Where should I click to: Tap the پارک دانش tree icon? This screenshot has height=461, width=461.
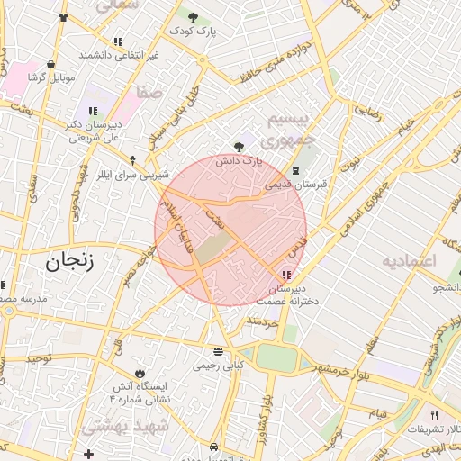pos(238,146)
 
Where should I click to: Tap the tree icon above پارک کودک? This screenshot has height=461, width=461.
pos(194,15)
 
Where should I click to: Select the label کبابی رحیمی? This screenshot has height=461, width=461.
pos(218,366)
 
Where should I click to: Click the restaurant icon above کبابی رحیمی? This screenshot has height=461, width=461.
pos(218,352)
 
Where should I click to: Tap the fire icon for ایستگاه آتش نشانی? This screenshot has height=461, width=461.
pos(140,373)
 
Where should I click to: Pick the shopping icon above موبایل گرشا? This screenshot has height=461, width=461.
pos(50,64)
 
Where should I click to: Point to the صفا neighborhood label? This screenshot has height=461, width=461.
pos(149,93)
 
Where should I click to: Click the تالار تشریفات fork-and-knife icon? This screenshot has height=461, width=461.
pos(435,415)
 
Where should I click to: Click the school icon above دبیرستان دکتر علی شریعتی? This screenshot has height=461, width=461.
pos(93,112)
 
